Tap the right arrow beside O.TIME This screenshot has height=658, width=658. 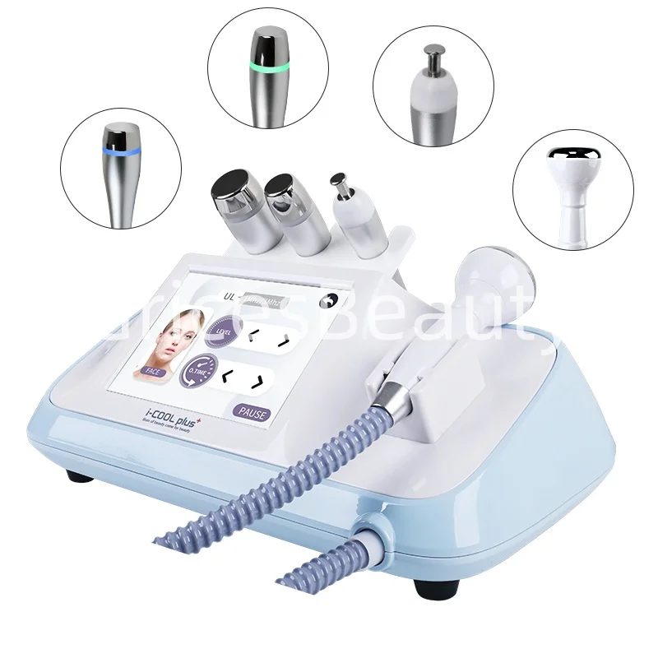coord(257,380)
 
